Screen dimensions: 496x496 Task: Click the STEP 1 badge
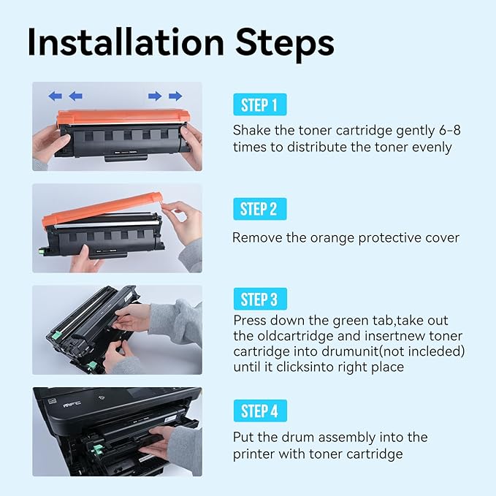click(x=259, y=105)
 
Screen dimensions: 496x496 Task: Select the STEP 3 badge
click(x=259, y=299)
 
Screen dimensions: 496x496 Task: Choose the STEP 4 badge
click(x=259, y=411)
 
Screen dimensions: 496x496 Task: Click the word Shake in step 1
click(x=250, y=131)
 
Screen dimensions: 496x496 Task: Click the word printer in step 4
click(x=255, y=454)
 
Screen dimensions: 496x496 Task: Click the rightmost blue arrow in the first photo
click(x=175, y=96)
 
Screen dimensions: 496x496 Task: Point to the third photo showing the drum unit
click(x=117, y=329)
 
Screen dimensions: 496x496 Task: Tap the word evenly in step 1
click(x=431, y=147)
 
